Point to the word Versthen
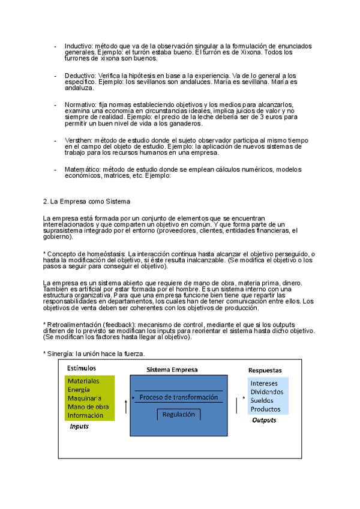78,140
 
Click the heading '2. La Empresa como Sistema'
86,201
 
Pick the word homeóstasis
104,254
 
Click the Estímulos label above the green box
81,368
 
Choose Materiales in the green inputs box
83,381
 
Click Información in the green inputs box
85,415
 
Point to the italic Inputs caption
79,427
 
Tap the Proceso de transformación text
178,397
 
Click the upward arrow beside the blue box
125,407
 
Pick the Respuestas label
265,370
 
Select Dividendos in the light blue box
267,392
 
